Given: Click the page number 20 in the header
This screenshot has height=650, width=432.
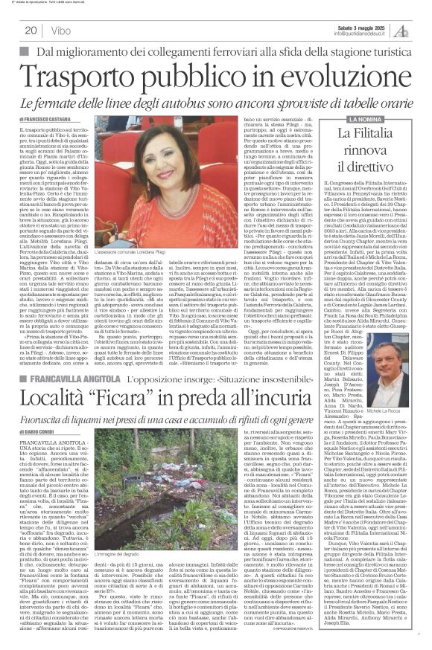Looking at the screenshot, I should click(x=31, y=30).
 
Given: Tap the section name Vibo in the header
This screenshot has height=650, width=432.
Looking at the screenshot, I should click(x=61, y=30).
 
